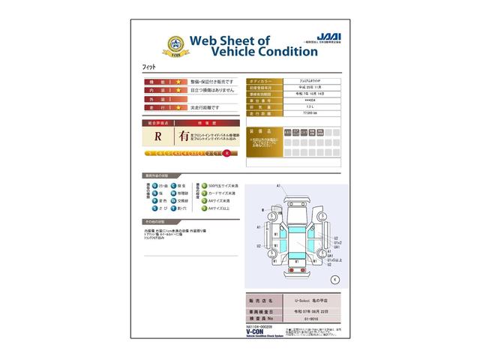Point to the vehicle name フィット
(x=149, y=67)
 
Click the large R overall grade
(x=158, y=136)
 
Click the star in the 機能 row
(x=178, y=80)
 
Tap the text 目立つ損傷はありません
(x=212, y=89)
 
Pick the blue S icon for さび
(x=150, y=209)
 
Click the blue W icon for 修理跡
(x=174, y=193)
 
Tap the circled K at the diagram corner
(x=334, y=279)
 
